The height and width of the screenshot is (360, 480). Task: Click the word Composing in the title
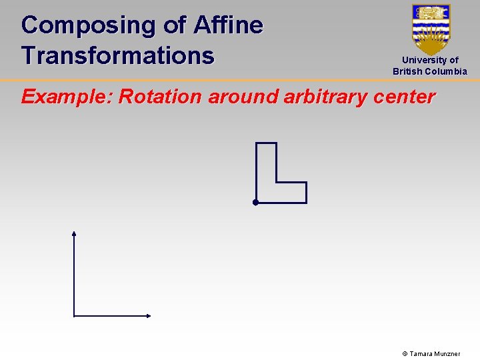[88, 26]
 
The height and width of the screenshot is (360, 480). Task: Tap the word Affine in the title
[228, 25]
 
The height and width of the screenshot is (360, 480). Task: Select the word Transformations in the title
[117, 55]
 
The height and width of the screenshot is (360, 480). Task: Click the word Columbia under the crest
[446, 71]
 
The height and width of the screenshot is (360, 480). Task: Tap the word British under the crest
[407, 71]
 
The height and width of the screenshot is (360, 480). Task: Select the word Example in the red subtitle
[65, 97]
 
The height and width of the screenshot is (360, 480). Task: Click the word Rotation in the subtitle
[160, 97]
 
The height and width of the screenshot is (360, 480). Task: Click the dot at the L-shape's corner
[255, 202]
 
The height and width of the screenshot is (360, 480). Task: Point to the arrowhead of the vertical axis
[74, 233]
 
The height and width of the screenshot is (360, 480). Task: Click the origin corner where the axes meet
[74, 316]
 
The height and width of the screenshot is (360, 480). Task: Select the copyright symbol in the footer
[404, 354]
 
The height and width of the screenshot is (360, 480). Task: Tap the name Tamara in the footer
[421, 354]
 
